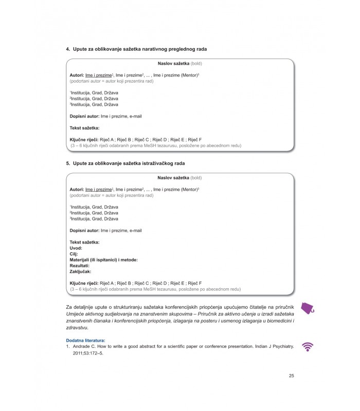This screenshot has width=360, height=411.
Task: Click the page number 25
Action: coord(292,376)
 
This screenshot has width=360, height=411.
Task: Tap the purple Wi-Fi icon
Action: coord(308,347)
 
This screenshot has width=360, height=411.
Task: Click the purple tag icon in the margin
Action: coord(308,307)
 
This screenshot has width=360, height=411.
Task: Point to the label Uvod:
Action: coord(76,248)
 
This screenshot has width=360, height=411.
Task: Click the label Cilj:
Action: coord(74,254)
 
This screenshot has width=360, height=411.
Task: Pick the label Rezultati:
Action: coord(80,266)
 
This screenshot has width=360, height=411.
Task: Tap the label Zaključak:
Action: coord(80,271)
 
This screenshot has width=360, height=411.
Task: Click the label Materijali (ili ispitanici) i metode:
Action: coord(104,260)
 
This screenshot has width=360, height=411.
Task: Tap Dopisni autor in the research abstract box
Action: coord(84,231)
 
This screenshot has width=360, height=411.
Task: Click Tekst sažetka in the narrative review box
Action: coord(84,128)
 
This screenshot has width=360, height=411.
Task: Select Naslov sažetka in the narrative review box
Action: coord(173,63)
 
